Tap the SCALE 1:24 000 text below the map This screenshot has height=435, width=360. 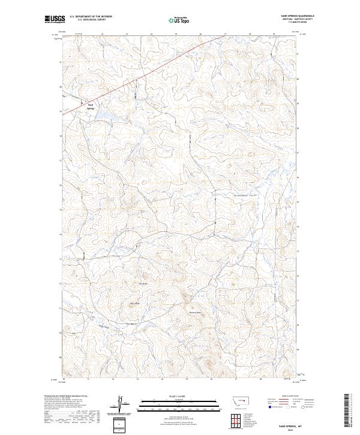click(x=179, y=397)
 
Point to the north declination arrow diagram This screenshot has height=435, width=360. click(x=122, y=404)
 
